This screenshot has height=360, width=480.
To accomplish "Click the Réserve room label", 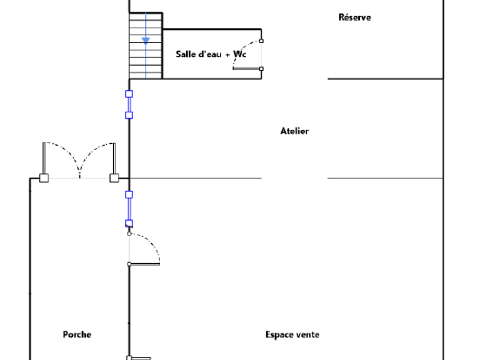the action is coord(354,17).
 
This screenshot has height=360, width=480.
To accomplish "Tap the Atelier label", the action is coord(294,131).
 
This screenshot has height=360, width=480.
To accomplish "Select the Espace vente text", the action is coord(292,334).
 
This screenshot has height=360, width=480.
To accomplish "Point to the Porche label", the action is coord(77,334).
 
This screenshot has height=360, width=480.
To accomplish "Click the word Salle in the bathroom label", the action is coord(186,54).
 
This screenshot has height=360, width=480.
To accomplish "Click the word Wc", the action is coord(240,54).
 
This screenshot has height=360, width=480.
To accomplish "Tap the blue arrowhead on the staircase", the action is coord(146,41).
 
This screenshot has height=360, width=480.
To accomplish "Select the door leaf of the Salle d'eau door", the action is coord(247,69).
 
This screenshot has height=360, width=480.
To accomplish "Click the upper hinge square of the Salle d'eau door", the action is coord(261,41).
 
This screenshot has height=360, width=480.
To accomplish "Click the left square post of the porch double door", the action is coord(44,178).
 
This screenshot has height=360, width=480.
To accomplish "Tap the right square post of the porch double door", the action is coord(114,178).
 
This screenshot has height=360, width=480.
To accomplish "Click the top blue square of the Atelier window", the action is coord(129,94).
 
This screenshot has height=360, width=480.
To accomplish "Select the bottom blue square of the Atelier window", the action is coord(129,115).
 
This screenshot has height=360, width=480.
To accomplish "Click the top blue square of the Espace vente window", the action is coord(129,195).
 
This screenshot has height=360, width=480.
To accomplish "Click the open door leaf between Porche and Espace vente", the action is coord(144,264).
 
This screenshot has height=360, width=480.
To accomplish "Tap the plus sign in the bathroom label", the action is coord(227,55).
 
